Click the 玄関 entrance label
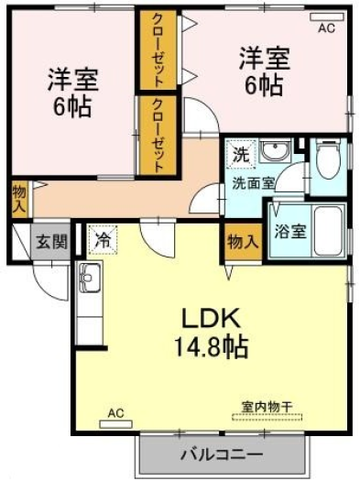(x=51, y=242)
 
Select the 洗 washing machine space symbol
(x=241, y=154)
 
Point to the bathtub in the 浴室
(x=329, y=230)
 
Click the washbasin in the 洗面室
(x=275, y=150)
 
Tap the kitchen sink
(x=90, y=278)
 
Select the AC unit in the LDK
(x=116, y=424)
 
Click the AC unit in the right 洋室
(x=327, y=17)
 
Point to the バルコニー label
(x=222, y=454)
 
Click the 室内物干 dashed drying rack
(x=267, y=417)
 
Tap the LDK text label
(x=211, y=318)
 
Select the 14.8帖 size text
(x=212, y=347)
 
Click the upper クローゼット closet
(x=158, y=50)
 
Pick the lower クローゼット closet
(x=158, y=136)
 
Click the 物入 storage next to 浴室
(x=243, y=243)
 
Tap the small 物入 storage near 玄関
(x=19, y=200)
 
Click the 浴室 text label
(x=290, y=231)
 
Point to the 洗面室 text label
(x=253, y=183)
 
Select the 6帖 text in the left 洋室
(x=72, y=106)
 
